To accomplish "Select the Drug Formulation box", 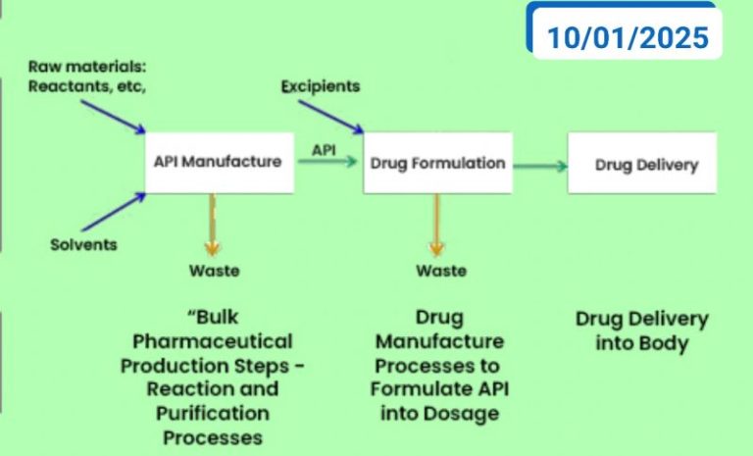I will [437, 164].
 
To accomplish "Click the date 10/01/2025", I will [627, 37].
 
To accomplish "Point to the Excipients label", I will [320, 86].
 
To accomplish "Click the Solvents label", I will [83, 244].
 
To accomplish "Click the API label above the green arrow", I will [326, 148].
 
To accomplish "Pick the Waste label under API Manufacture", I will [213, 270].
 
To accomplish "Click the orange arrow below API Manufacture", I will [211, 224].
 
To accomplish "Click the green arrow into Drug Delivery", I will [540, 166].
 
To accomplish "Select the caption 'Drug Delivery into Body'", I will [641, 331].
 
